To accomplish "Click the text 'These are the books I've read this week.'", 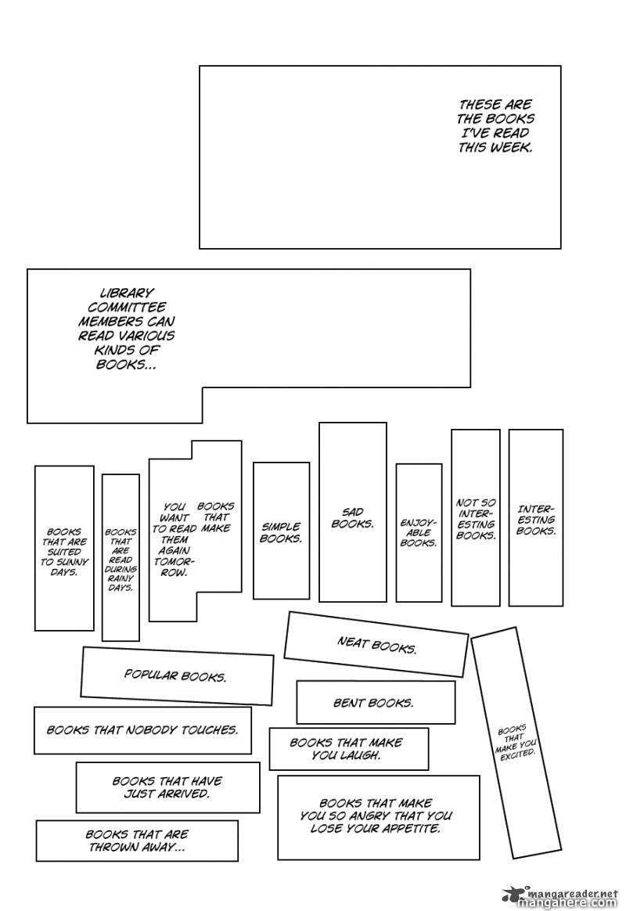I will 495,125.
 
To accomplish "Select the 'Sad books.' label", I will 352,518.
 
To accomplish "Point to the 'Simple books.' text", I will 281,533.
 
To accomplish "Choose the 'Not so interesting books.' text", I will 476,520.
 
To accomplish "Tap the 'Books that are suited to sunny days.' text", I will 64,552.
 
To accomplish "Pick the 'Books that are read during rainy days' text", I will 121,559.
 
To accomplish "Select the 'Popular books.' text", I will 175,675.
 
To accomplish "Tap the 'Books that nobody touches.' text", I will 142,729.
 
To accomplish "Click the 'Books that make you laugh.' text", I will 346,749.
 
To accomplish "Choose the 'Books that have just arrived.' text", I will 167,787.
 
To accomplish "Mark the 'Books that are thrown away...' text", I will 137,841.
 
